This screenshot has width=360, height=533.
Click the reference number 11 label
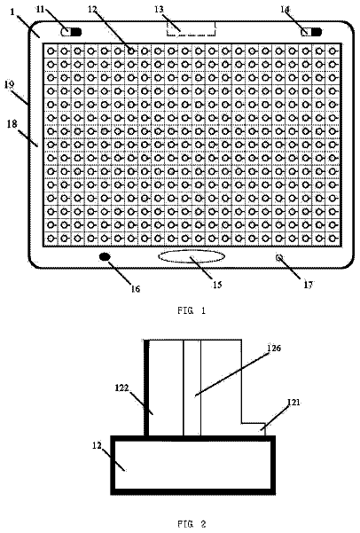coord(40,8)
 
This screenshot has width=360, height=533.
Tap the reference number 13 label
coord(159,9)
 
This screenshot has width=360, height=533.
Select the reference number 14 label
coord(285,9)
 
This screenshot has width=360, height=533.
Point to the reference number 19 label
coord(9,84)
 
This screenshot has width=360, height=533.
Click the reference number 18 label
coord(12,124)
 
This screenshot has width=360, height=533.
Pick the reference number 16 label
coord(136,288)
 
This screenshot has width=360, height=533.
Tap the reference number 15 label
coord(217,285)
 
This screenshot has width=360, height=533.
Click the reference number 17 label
coord(308,285)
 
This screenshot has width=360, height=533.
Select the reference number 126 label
coord(274,348)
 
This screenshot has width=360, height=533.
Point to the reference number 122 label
coord(122,388)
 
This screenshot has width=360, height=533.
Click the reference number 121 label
coord(293,402)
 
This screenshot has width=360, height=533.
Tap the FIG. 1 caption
coord(192,310)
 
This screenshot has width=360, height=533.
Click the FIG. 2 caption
coord(192,524)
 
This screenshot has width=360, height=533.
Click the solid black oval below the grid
coord(105,257)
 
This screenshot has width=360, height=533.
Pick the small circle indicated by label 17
coord(279,257)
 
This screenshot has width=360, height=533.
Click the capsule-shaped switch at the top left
coord(72,32)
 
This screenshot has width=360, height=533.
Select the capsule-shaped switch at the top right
coord(311,32)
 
